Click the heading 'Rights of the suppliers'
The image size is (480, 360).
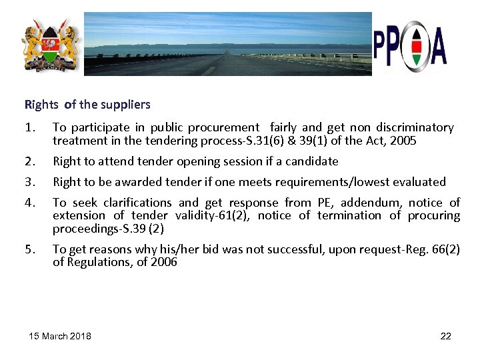coord(87,105)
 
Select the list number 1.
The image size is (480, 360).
coord(29,127)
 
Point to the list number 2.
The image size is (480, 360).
coord(29,161)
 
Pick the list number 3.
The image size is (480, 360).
coord(29,182)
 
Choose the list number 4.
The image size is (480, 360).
coord(29,203)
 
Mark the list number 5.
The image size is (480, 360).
coord(29,249)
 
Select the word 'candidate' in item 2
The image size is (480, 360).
coord(313,161)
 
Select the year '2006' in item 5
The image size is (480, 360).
coord(163,262)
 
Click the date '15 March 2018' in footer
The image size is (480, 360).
coord(61,335)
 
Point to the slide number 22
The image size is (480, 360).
coord(446,335)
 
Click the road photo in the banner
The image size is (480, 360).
coord(227,44)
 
